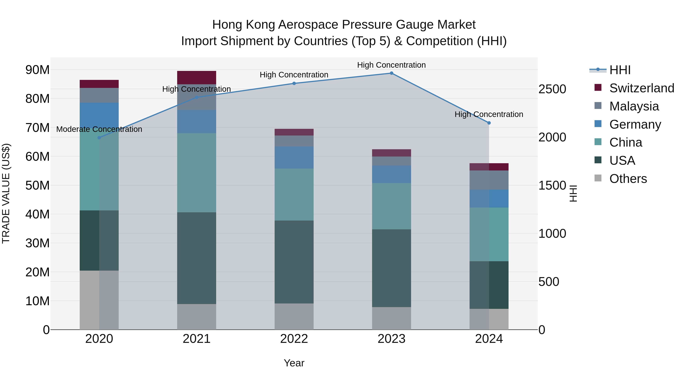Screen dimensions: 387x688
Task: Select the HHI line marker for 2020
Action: click(x=99, y=138)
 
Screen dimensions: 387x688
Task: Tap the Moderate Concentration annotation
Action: click(x=99, y=129)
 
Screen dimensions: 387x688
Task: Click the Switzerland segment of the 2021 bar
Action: click(x=197, y=77)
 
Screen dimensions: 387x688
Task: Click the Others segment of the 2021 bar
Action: click(x=197, y=317)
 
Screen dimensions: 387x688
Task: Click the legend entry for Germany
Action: click(x=635, y=124)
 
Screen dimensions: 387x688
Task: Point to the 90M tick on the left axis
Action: click(x=37, y=70)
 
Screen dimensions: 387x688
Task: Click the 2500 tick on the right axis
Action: click(x=552, y=89)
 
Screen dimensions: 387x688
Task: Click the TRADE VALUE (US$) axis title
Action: click(x=6, y=193)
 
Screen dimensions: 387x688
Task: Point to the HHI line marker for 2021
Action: click(x=197, y=97)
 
